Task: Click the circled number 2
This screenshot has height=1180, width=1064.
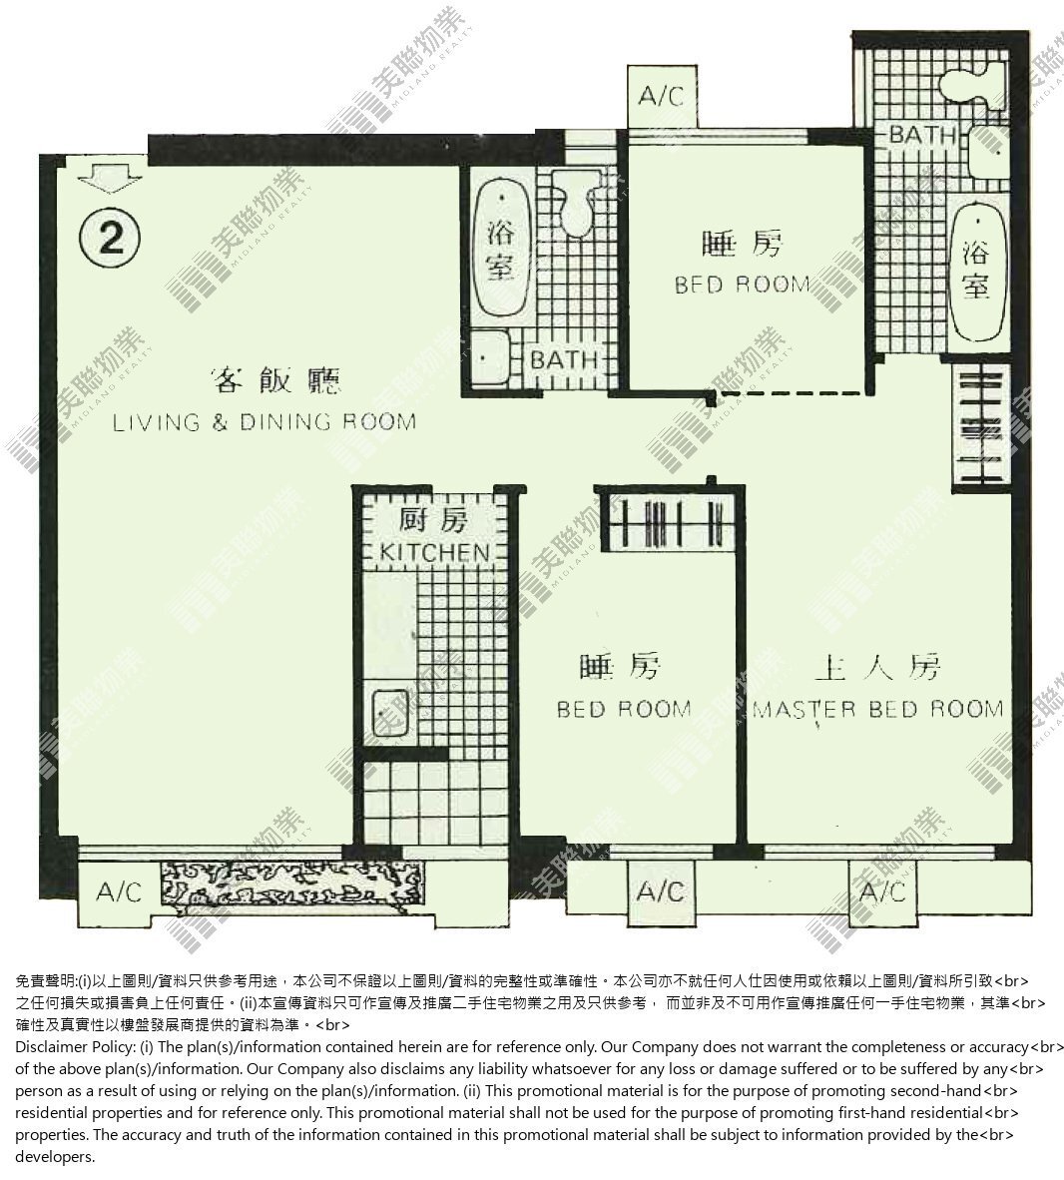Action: pyautogui.click(x=110, y=238)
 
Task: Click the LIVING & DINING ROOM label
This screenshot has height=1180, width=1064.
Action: pyautogui.click(x=265, y=422)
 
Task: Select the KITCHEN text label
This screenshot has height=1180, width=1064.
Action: pyautogui.click(x=434, y=552)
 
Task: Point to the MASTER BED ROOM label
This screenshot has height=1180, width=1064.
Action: pyautogui.click(x=878, y=710)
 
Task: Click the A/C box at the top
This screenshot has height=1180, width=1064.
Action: pyautogui.click(x=662, y=96)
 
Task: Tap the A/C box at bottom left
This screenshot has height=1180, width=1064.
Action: pyautogui.click(x=119, y=892)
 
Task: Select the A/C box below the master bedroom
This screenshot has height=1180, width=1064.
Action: pyautogui.click(x=882, y=892)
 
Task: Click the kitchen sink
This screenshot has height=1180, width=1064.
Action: pyautogui.click(x=390, y=713)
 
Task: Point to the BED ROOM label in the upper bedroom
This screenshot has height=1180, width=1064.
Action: pyautogui.click(x=742, y=285)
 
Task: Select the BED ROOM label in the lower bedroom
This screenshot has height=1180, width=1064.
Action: pyautogui.click(x=624, y=710)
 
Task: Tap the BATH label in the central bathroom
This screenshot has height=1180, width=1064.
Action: pyautogui.click(x=564, y=359)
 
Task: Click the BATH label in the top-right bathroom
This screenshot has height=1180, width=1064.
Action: pyautogui.click(x=922, y=136)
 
